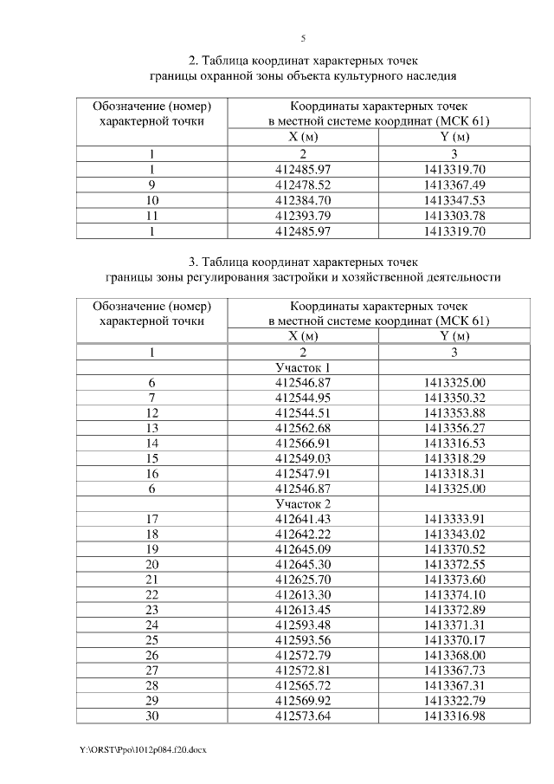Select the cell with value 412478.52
[303, 185]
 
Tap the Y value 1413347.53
[454, 200]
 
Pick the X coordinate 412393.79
[303, 216]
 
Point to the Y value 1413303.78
[454, 216]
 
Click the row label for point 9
[151, 185]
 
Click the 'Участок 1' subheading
[303, 367]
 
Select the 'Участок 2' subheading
[303, 503]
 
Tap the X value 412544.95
[303, 398]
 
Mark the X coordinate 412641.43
[303, 519]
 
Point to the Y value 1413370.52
[454, 549]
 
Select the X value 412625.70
[303, 580]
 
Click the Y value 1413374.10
[454, 594]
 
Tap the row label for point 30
[151, 716]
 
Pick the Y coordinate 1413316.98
[454, 716]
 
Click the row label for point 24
[151, 625]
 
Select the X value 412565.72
[303, 685]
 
